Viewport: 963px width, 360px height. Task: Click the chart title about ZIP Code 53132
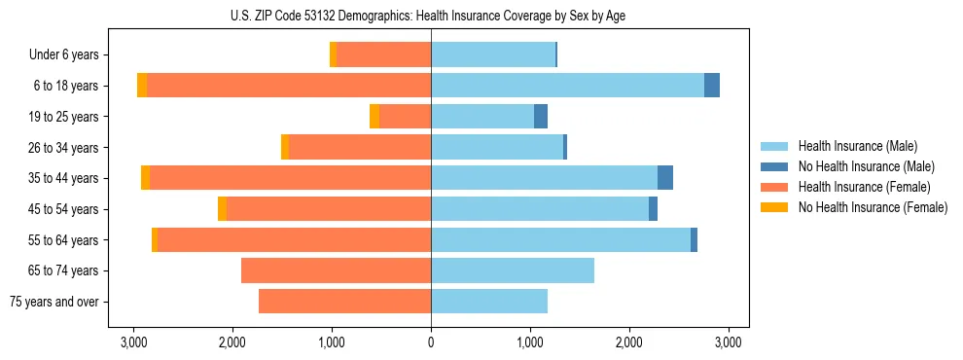point(431,16)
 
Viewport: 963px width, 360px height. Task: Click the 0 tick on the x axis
point(431,342)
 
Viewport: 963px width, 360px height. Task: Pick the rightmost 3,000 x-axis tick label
point(729,342)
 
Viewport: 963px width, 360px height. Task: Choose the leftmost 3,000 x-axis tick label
point(133,342)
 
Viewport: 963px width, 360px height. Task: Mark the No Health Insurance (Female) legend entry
point(872,207)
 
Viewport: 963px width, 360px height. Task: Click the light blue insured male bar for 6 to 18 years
point(567,86)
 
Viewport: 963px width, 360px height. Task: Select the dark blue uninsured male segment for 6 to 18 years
point(712,86)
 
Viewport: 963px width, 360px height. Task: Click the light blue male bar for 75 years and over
point(489,302)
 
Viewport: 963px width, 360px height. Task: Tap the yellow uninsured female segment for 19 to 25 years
point(374,117)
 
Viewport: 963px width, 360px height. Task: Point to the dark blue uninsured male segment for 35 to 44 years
point(665,178)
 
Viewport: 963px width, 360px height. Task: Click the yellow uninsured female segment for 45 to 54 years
point(222,209)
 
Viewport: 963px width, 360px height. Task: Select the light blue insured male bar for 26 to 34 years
point(497,147)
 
